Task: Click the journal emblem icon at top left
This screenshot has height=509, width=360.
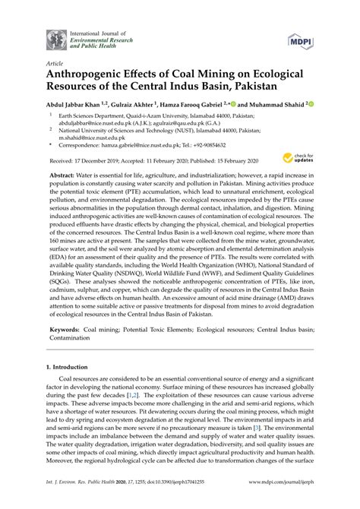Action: [x=56, y=38]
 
